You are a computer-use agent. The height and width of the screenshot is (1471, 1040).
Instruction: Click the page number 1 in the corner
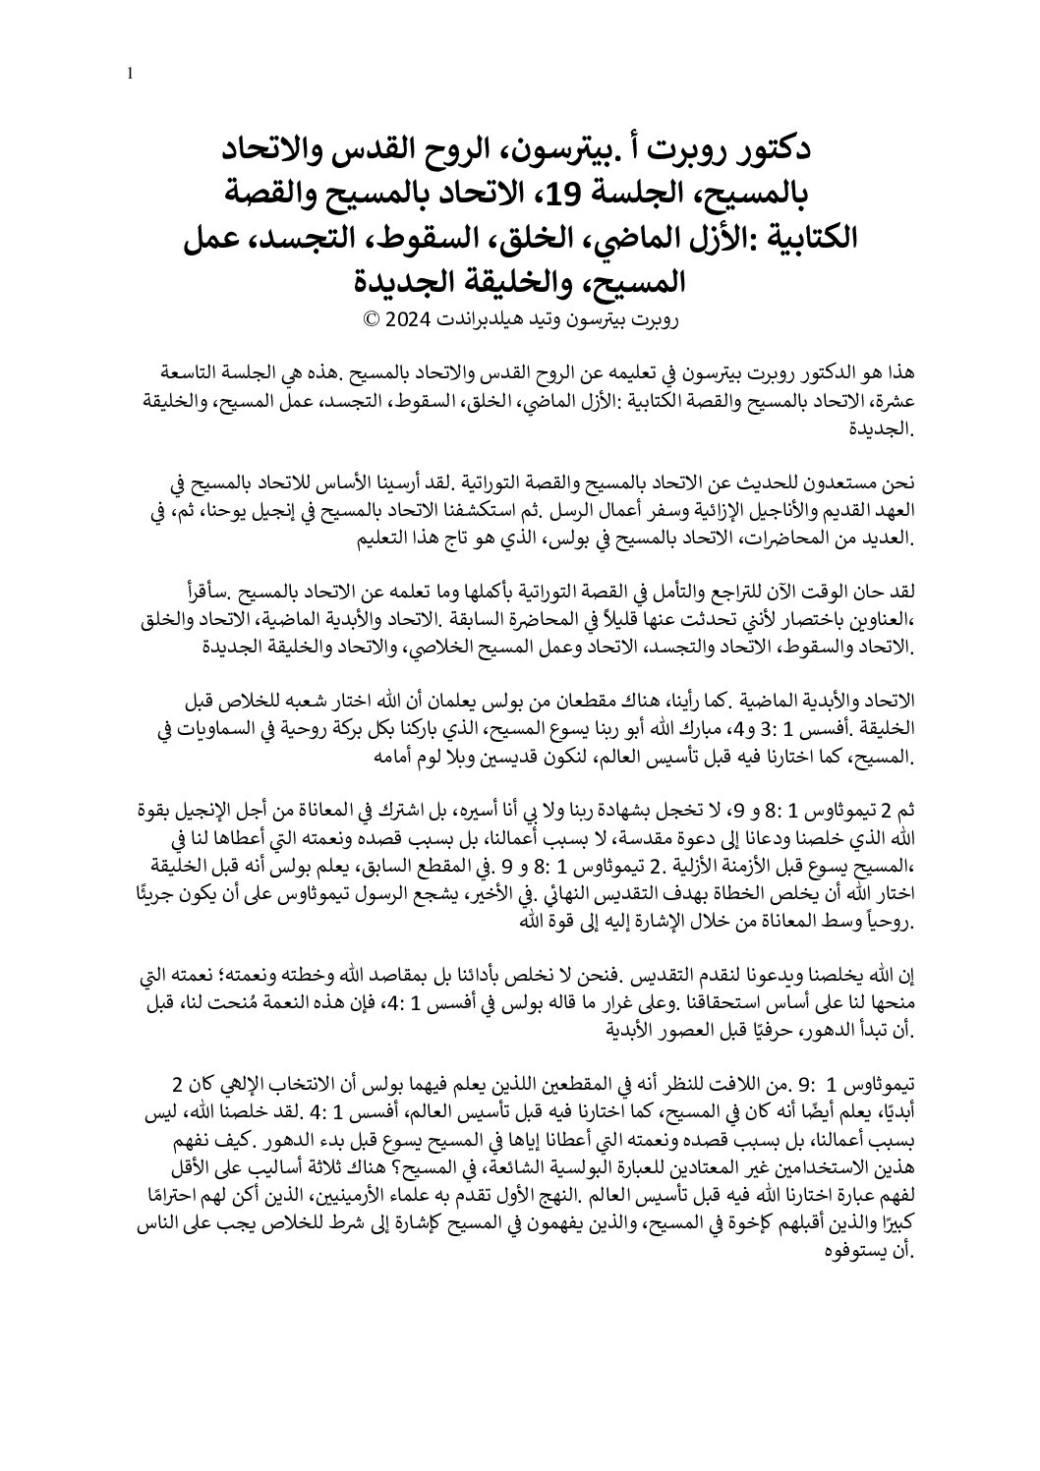click(131, 72)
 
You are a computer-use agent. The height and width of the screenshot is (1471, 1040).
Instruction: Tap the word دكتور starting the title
click(773, 149)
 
